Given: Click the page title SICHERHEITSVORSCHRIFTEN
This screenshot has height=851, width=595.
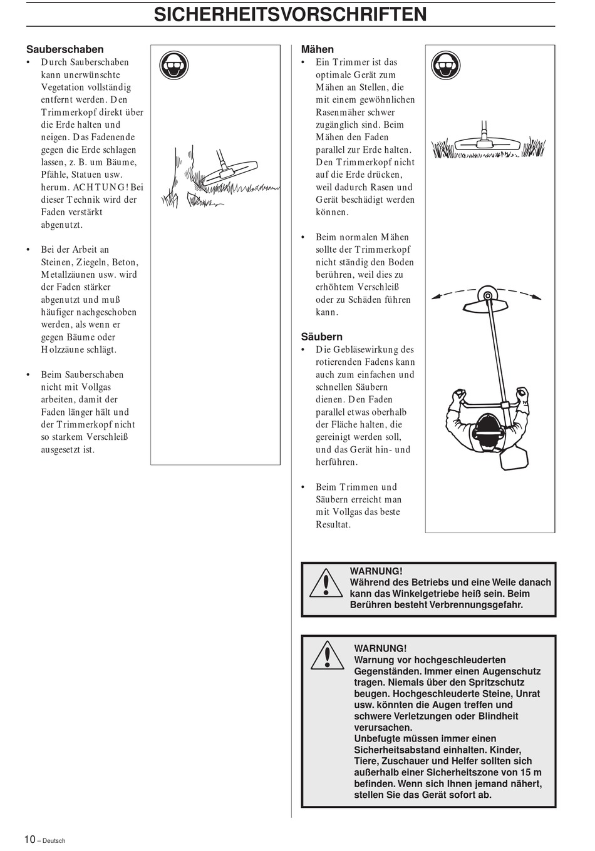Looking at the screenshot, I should [x=291, y=14].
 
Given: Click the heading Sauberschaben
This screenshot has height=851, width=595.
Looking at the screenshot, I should [x=65, y=49].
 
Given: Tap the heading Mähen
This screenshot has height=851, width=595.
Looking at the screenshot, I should [x=317, y=49].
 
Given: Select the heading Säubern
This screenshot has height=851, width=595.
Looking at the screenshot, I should [x=321, y=336].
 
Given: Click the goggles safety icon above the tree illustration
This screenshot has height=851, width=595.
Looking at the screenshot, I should [x=174, y=65].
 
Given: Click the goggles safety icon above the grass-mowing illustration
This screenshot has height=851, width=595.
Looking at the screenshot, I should [x=445, y=65].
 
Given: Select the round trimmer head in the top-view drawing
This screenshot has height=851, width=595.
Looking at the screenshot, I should [x=486, y=294].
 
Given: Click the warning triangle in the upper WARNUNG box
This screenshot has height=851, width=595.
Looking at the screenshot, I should [x=326, y=583].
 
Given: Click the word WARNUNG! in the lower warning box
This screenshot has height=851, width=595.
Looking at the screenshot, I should [x=380, y=648].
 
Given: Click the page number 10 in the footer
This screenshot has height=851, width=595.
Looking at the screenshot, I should [x=30, y=839].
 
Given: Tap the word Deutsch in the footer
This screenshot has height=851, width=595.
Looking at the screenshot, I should [x=54, y=840].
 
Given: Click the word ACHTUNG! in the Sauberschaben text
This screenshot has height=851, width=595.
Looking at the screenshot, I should [x=100, y=186].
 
